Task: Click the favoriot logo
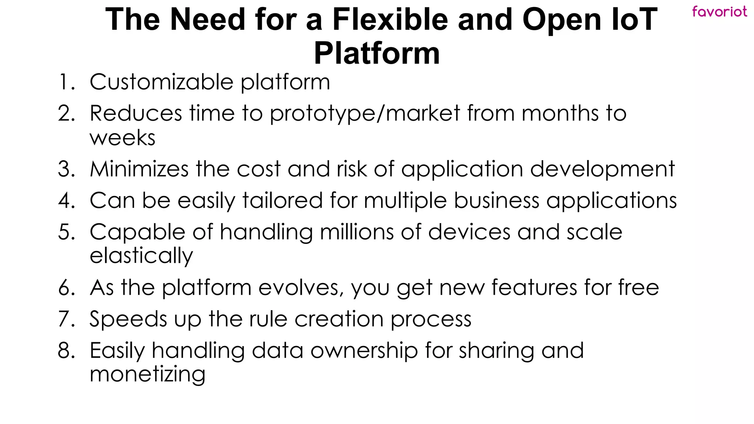tap(719, 11)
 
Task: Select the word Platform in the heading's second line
tap(377, 53)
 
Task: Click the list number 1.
tap(66, 82)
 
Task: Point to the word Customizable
tap(161, 82)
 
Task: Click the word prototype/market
tap(365, 113)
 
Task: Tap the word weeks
tap(122, 138)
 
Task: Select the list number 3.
tap(66, 169)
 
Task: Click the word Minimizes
tap(139, 169)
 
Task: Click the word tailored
tap(282, 201)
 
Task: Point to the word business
tap(496, 201)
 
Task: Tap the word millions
tap(357, 232)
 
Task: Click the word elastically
tap(141, 256)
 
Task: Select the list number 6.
tap(66, 287)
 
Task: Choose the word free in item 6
tap(638, 287)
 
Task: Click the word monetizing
tap(147, 374)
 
